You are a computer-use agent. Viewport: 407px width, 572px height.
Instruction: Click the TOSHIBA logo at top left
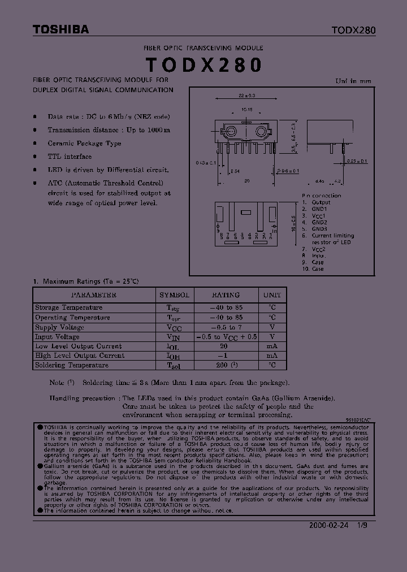coord(60,30)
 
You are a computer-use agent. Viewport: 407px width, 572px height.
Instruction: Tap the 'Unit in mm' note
coord(354,81)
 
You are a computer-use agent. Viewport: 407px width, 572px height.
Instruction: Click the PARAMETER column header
coord(94,295)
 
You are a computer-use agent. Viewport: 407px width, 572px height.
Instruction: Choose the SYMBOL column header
coord(175,295)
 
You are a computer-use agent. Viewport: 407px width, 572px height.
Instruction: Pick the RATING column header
coord(226,295)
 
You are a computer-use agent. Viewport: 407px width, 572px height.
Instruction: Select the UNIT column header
coord(272,295)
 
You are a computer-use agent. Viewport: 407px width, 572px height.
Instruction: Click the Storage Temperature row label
coord(69,307)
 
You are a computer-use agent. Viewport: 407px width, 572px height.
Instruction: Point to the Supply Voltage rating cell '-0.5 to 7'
coord(226,327)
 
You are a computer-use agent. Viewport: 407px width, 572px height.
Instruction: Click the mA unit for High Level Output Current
coord(272,356)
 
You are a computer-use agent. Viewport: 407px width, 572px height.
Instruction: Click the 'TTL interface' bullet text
coord(70,157)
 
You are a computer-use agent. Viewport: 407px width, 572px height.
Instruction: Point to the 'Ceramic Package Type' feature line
coord(85,144)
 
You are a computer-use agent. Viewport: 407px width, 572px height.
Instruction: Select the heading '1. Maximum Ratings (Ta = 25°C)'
coord(86,281)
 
